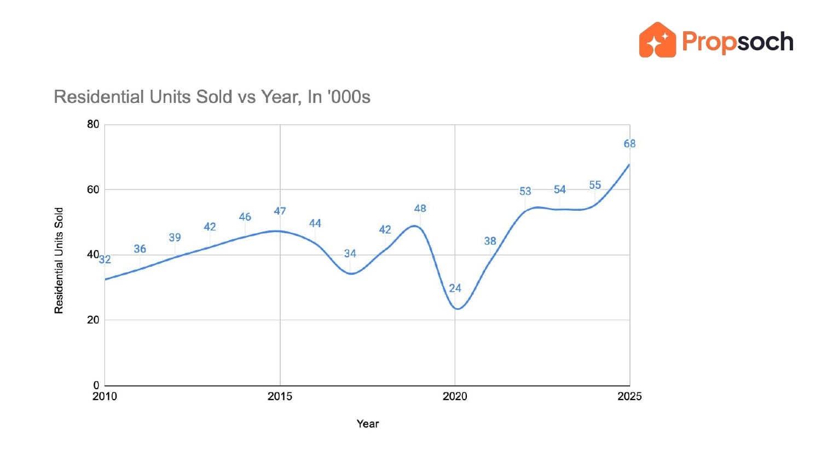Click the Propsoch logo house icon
(657, 40)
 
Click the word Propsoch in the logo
(738, 42)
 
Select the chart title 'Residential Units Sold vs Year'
(212, 97)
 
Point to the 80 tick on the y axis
(93, 124)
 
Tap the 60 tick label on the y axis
(93, 189)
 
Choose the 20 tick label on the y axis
(93, 320)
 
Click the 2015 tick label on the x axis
(280, 396)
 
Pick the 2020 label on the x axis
(455, 396)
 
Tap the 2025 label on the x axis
(629, 396)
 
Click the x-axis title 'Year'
(367, 424)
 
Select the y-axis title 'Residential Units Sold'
(59, 261)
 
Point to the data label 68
(629, 143)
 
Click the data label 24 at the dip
(455, 288)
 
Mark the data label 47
(280, 211)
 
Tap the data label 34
(350, 253)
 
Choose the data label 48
(420, 208)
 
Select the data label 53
(525, 191)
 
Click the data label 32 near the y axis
(105, 259)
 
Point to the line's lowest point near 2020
(457, 309)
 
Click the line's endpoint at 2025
(629, 164)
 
